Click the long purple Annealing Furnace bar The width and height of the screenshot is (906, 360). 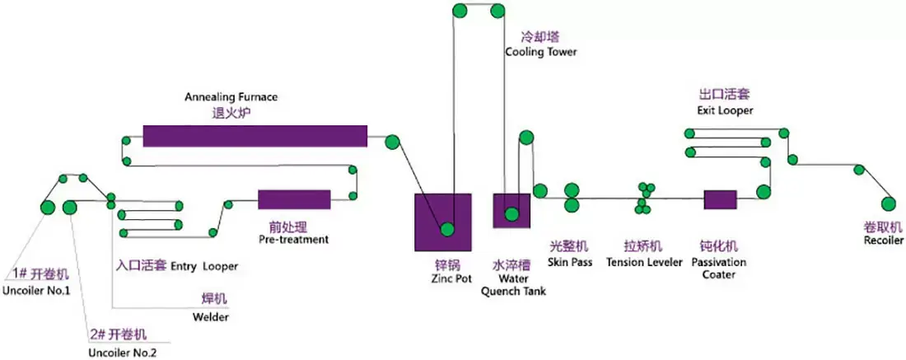[255, 136]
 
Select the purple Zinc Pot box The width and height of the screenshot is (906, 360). [442, 222]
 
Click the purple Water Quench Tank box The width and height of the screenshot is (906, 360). [511, 210]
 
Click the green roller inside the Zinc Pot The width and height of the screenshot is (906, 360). [447, 230]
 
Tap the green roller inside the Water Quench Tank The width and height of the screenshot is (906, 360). [511, 215]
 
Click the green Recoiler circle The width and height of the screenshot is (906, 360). [888, 203]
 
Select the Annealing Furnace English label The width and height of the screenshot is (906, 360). [231, 96]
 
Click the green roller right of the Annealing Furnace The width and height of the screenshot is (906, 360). [393, 141]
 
